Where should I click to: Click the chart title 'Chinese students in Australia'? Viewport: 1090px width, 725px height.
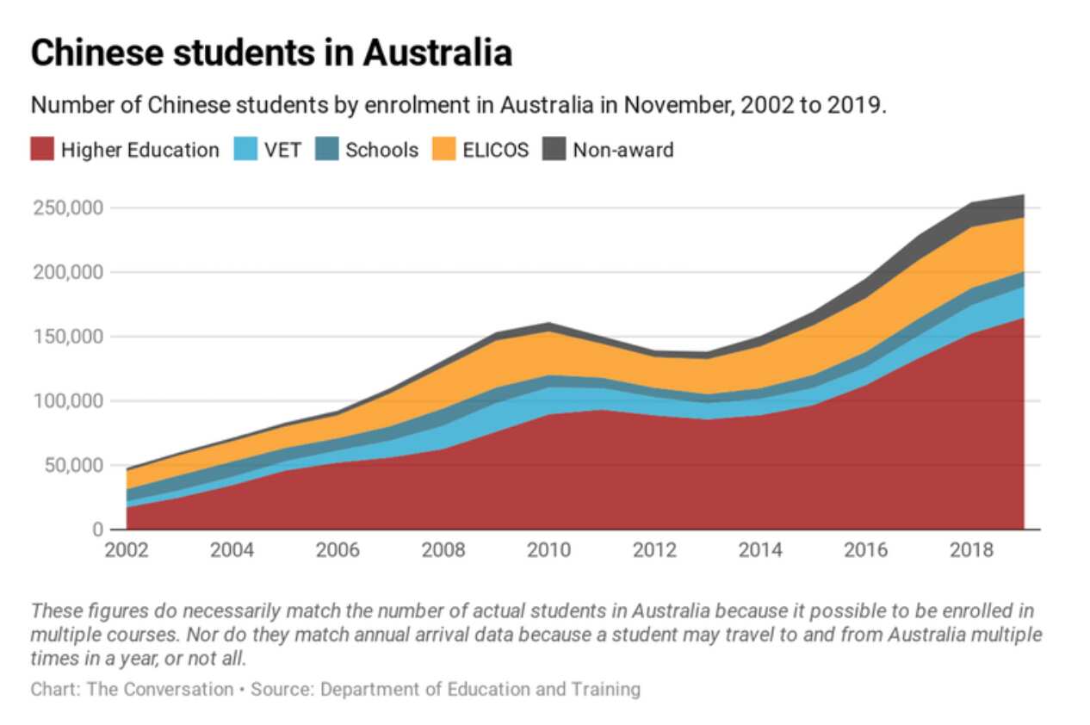271,53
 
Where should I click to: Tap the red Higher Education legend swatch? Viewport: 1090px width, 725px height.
43,150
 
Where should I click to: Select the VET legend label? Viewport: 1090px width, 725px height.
282,150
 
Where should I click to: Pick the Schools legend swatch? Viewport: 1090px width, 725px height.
328,150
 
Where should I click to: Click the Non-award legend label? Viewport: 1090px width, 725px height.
623,150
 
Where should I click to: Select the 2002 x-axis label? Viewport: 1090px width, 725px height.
127,551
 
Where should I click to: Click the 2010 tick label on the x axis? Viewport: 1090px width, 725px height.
548,551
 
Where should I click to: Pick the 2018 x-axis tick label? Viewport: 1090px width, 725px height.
970,551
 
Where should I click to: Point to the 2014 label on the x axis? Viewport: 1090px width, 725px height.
759,551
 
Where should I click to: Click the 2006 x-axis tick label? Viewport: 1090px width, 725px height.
338,551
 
